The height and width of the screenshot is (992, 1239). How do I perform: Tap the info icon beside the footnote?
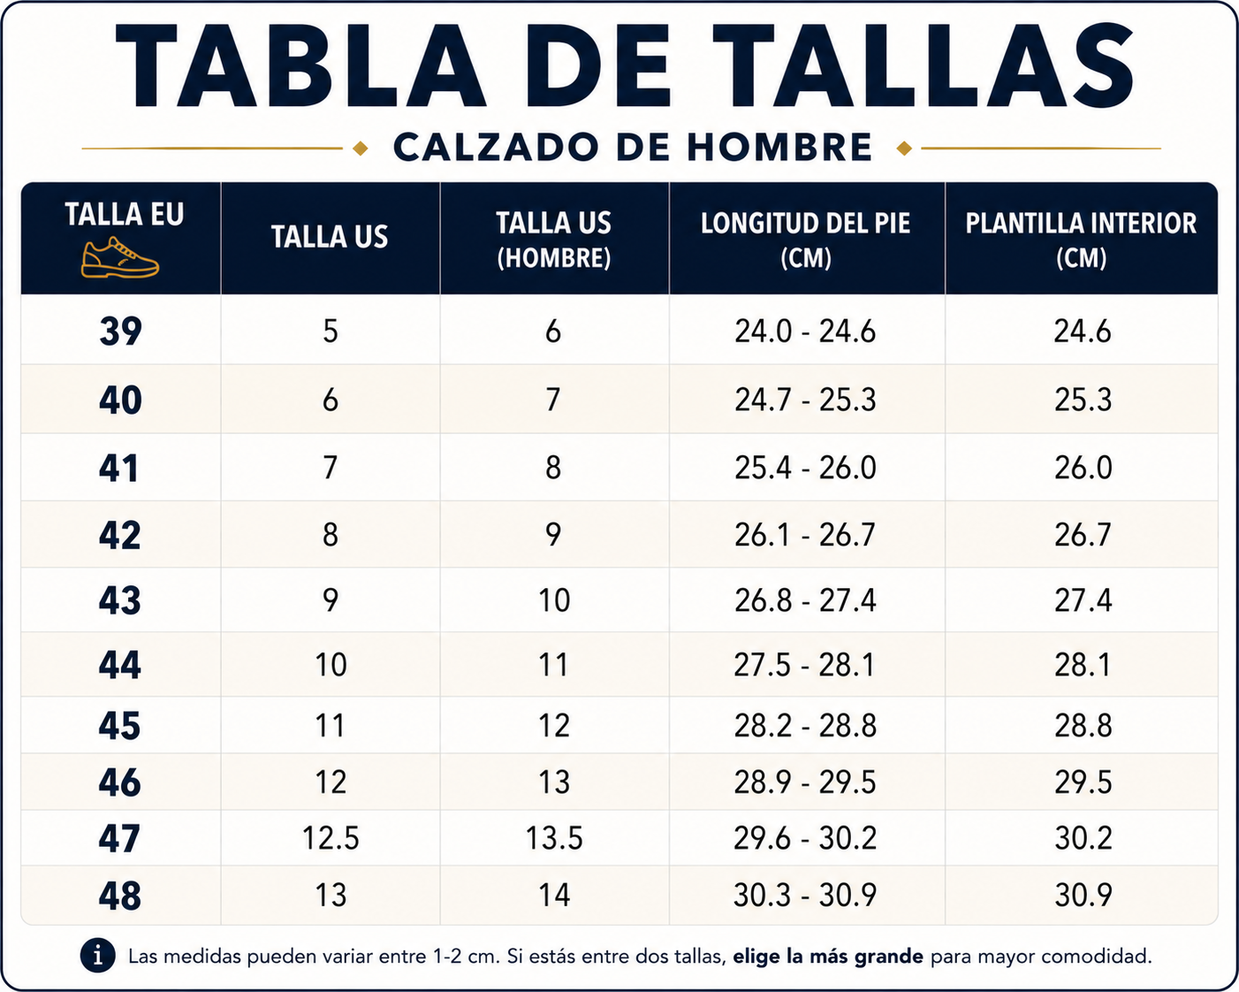97,956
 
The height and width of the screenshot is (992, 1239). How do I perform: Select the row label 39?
120,332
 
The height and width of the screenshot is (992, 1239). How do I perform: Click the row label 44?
120,665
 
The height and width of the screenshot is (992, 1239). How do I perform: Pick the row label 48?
120,896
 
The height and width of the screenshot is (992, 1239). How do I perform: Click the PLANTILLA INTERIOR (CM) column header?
1081,240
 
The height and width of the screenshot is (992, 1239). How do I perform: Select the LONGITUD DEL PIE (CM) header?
805,240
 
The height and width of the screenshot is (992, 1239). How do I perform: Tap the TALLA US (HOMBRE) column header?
554,240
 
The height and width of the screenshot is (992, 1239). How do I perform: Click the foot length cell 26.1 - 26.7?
805,535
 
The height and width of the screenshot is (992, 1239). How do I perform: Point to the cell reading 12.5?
331,837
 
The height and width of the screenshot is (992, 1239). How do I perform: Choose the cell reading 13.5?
554,837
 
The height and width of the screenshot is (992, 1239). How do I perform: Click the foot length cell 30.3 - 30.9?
805,895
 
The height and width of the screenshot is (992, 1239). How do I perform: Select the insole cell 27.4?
1083,600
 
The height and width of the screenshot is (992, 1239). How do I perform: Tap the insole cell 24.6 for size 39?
1083,332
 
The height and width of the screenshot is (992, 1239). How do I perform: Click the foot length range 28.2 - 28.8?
805,725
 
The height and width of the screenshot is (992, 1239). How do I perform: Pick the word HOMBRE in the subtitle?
779,147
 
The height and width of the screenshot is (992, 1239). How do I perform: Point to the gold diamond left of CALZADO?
361,149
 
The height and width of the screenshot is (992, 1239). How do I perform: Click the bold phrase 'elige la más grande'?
828,957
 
